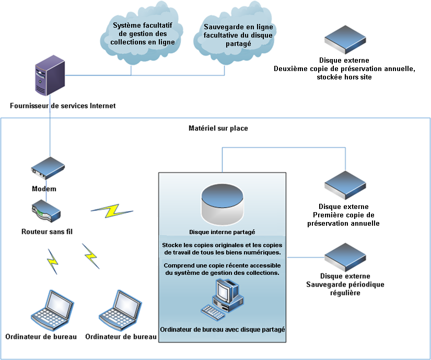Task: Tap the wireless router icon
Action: click(46, 212)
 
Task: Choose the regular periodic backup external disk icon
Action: click(344, 256)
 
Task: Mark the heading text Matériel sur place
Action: click(218, 128)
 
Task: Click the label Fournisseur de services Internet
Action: click(63, 106)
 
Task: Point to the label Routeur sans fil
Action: click(46, 231)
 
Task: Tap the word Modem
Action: click(44, 189)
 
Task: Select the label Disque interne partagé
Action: click(222, 231)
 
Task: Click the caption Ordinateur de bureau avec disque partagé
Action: click(222, 330)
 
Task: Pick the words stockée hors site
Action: click(345, 77)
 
